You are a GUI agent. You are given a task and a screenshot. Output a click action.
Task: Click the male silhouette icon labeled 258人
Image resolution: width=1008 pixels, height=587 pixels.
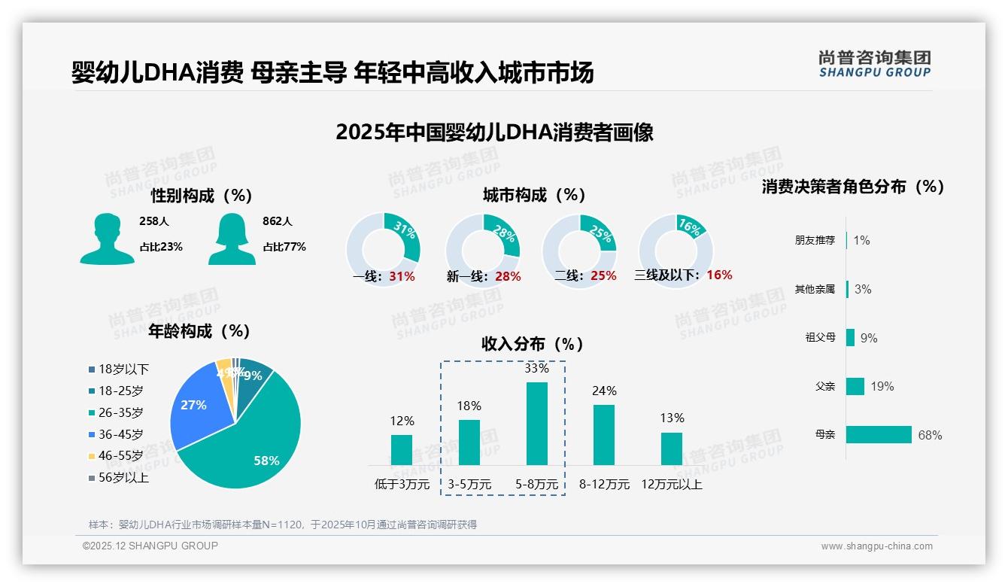coord(107,239)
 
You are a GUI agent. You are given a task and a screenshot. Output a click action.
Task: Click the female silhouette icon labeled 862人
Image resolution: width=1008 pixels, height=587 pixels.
coord(232,239)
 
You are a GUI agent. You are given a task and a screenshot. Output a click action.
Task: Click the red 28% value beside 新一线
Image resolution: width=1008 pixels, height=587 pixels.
coord(508,277)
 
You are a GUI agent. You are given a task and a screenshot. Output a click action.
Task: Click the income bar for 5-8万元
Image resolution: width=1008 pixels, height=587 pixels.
coord(536,423)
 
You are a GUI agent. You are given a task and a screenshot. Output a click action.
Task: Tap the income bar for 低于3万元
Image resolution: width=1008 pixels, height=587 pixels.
coord(402,449)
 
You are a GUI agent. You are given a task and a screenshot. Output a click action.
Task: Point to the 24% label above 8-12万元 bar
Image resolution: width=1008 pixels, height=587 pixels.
coord(604,391)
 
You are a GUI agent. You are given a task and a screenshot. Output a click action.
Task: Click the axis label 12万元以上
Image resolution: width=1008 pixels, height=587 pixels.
coord(671,485)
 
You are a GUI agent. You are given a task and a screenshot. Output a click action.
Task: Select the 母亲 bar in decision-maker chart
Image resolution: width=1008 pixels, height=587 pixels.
coord(879,435)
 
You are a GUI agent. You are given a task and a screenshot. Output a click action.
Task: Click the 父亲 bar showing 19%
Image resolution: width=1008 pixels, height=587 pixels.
coord(855,386)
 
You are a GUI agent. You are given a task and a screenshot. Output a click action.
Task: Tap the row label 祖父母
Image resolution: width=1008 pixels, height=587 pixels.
coord(820,338)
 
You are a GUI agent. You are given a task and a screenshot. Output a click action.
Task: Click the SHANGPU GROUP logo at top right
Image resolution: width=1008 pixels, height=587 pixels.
coord(874,63)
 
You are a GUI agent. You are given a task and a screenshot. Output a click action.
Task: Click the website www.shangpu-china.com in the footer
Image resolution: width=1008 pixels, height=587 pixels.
coord(876,546)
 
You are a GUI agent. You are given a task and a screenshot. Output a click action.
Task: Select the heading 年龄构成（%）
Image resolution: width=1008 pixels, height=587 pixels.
coord(199,331)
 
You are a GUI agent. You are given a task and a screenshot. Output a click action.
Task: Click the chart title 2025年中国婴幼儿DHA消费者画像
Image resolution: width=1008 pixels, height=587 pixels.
coord(494,132)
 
